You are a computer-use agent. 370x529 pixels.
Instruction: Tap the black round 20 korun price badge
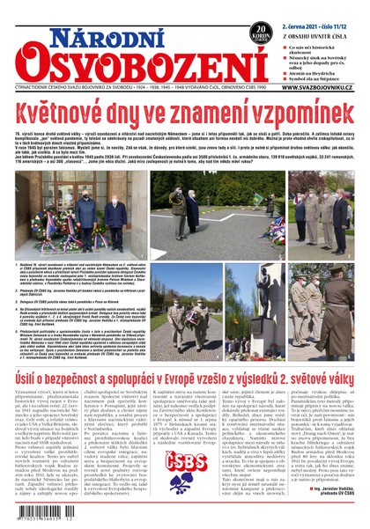260,33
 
